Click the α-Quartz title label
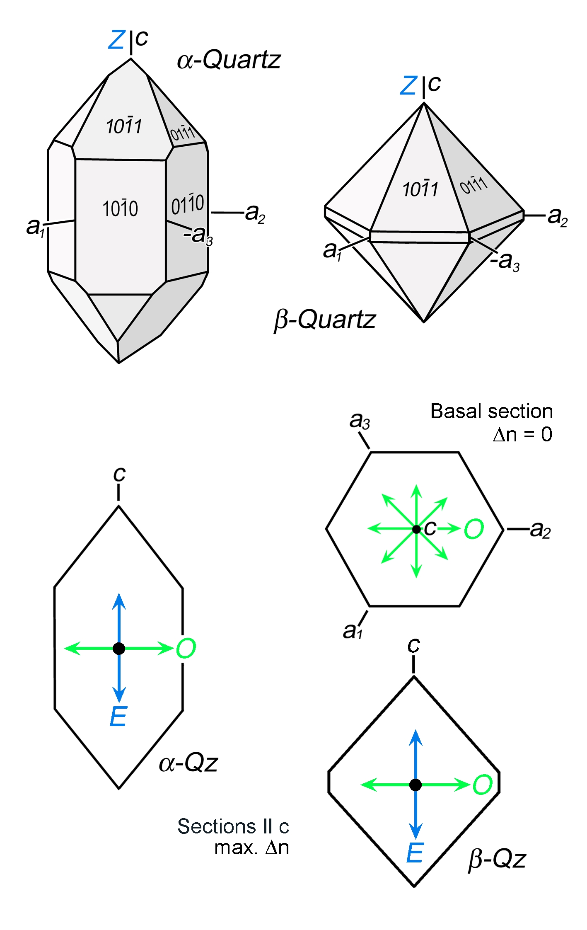pos(229,60)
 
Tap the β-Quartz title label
pos(325,320)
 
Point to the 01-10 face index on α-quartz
pos(188,204)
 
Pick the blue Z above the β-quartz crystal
pos(408,85)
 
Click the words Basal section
pos(492,412)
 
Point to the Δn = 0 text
pos(522,434)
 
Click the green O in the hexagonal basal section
pos(474,529)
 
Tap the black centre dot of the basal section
pos(416,529)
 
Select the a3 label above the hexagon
pos(360,421)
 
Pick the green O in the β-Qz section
pos(483,785)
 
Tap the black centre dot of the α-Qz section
pos(119,648)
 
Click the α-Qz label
pos(188,763)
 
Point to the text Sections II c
pos(233,826)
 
